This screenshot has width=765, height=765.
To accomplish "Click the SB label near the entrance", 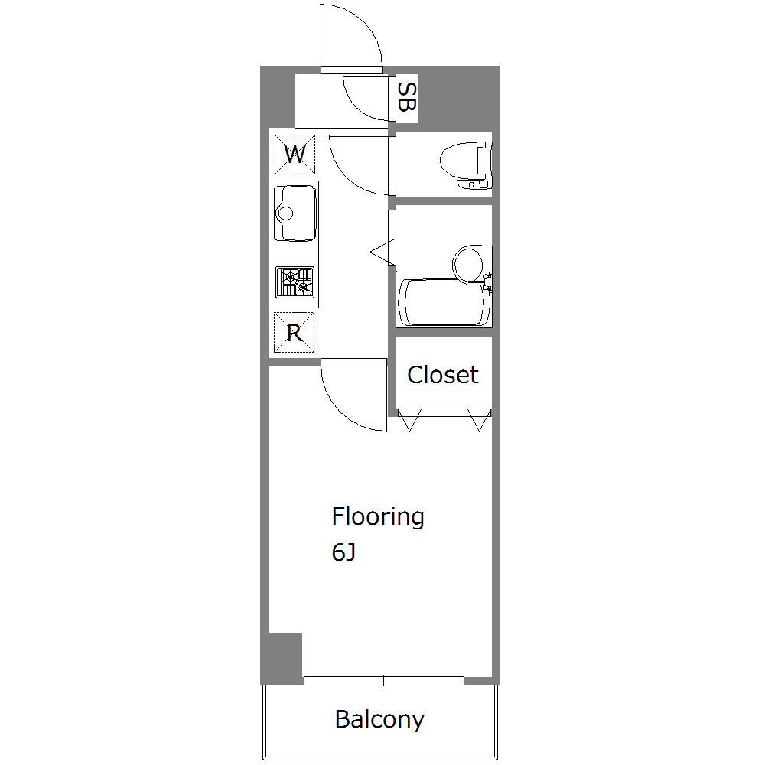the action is point(407,97).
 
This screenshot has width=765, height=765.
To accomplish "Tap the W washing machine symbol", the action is point(295,155).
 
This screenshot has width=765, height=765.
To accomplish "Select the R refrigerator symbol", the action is point(295,333).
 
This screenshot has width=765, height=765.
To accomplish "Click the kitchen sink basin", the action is point(295,213).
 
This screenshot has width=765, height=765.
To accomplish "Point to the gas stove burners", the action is point(295,282).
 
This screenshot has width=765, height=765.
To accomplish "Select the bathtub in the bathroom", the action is point(444,302).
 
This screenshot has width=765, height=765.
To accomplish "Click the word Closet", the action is point(442,375).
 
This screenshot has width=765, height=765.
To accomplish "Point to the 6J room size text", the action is point(343,552).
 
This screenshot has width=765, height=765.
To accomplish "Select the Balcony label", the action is point(379,720).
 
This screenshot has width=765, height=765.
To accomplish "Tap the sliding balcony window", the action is point(383,681).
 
